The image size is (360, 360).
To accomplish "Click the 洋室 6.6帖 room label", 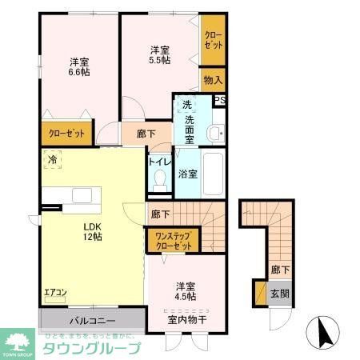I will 78,66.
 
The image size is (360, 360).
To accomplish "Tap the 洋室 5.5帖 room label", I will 159,54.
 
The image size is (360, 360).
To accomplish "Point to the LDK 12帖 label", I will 92,230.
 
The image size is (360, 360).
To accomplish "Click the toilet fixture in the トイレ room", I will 158,180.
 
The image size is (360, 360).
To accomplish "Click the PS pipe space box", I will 220,100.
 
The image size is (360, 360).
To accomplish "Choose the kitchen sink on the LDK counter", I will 83,195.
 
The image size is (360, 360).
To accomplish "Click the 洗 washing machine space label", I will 186,105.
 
